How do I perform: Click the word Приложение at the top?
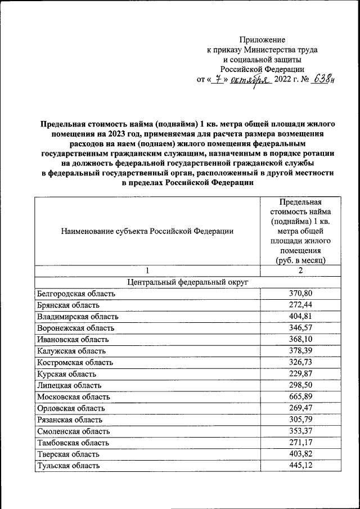[x=262, y=40]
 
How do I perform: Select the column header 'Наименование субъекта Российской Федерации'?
[x=147, y=231]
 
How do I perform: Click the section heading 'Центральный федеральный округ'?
[x=187, y=282]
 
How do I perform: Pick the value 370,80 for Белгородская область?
[x=300, y=293]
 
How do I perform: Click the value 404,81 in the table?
[x=300, y=316]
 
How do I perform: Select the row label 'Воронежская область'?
[x=75, y=328]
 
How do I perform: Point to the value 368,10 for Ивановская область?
[x=300, y=339]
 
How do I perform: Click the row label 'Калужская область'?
[x=70, y=351]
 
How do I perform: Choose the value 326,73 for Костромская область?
[x=300, y=362]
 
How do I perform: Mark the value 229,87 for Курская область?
[x=300, y=373]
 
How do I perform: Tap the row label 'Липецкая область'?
[x=69, y=385]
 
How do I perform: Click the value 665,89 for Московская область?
[x=300, y=397]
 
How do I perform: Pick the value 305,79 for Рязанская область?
[x=300, y=420]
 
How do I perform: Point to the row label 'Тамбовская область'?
[x=73, y=443]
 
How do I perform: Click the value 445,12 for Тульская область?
[x=300, y=465]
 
